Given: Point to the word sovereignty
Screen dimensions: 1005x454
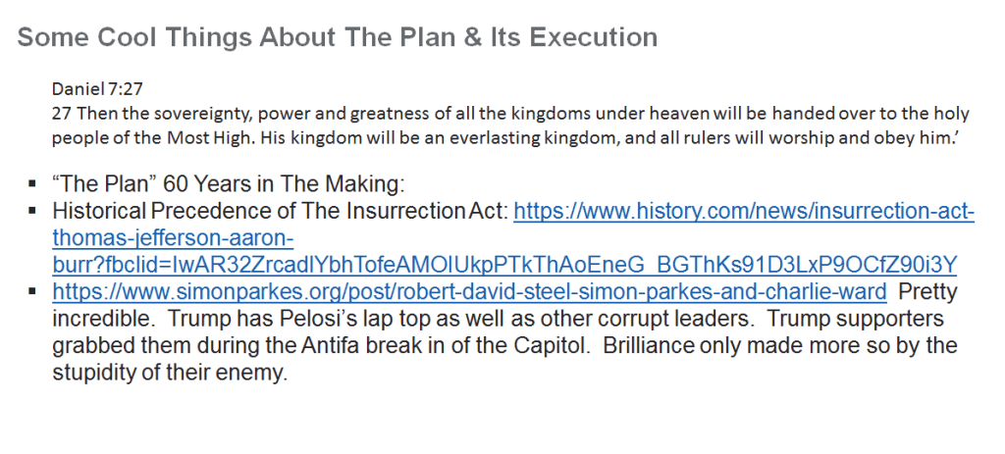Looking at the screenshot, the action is pyautogui.click(x=208, y=114).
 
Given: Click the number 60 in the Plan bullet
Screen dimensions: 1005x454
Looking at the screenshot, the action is pyautogui.click(x=176, y=184).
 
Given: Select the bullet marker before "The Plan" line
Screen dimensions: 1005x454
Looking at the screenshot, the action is pyautogui.click(x=32, y=184).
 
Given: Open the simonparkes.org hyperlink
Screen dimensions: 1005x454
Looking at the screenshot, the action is pyautogui.click(x=469, y=292).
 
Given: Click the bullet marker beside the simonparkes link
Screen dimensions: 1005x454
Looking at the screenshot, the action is pyautogui.click(x=32, y=292).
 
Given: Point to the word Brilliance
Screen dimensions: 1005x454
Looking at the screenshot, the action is pyautogui.click(x=649, y=346).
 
